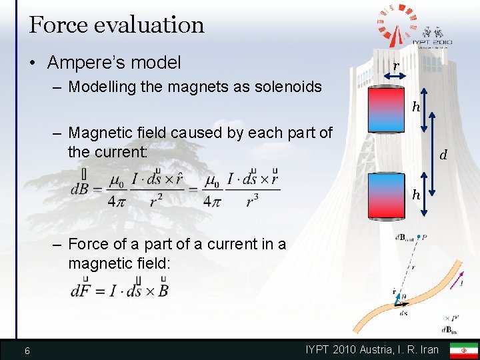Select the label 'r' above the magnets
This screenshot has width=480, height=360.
pos(396,66)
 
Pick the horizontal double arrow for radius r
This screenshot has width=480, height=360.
pos(395,78)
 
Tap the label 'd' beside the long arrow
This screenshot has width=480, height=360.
pos(442,156)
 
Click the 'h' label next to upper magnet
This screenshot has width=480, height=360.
pos(416,107)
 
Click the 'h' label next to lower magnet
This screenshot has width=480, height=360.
pos(416,195)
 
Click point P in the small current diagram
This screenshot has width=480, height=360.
pos(425,237)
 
